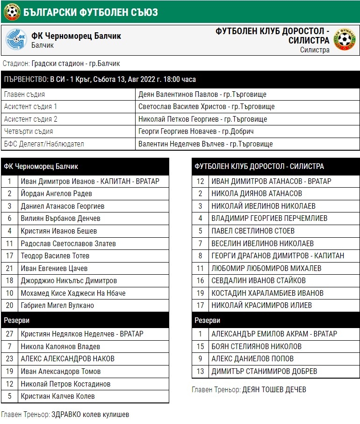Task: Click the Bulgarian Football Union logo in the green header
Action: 12,12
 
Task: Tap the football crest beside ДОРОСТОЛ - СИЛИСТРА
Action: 346,40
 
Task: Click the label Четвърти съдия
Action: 29,132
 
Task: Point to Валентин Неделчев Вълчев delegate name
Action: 206,144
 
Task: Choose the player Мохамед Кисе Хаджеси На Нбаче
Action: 73,293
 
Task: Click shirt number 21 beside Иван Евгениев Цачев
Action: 9,269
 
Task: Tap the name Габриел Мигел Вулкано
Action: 58,306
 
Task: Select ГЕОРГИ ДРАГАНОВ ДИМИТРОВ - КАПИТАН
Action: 278,256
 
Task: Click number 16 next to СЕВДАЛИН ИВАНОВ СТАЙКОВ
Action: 200,281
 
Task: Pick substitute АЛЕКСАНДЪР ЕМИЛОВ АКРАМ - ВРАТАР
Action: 274,334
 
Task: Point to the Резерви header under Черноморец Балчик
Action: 17,321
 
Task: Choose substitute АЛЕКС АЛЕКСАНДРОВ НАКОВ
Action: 68,359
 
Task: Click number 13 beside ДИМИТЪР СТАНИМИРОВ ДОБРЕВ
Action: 200,372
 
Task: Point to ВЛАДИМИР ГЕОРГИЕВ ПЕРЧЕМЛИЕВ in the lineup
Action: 269,219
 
